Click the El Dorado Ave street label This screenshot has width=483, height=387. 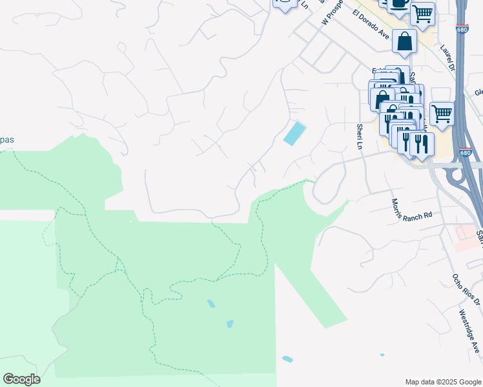tap(371, 24)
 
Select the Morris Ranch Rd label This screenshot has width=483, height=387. tap(411, 210)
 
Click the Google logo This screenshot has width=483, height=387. tap(21, 379)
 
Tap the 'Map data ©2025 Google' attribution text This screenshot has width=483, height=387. tap(443, 382)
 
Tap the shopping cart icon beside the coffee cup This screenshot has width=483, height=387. tap(422, 13)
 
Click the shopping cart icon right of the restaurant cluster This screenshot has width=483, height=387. tap(442, 114)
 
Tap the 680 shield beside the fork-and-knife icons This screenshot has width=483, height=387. tap(466, 153)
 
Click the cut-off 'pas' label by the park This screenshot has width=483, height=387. tap(6, 140)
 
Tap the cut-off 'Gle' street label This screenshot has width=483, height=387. tap(478, 92)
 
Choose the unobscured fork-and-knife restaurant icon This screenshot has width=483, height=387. tap(421, 143)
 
